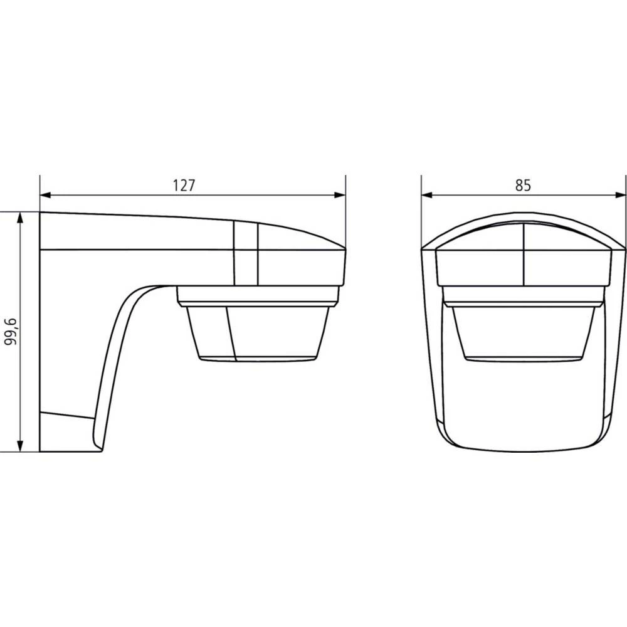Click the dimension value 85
(524, 186)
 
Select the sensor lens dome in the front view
(524, 332)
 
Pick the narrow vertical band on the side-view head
(245, 253)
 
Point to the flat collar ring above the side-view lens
(257, 295)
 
